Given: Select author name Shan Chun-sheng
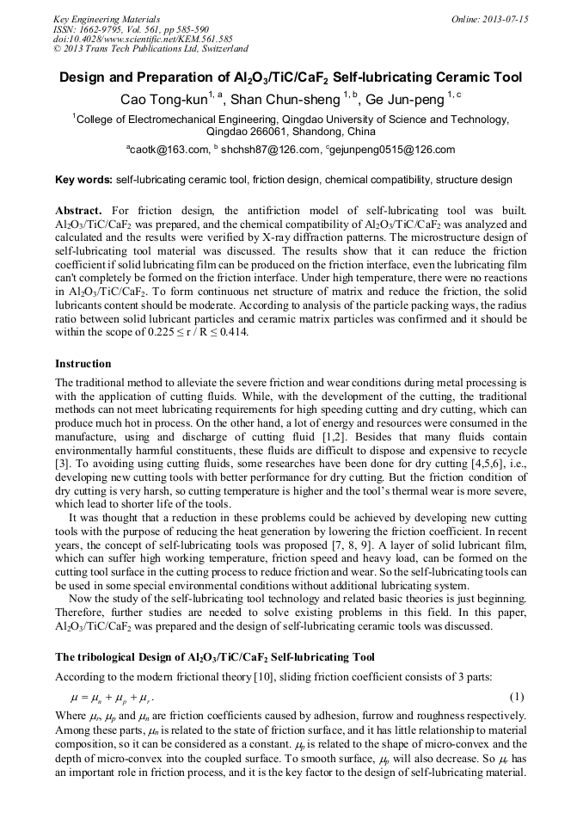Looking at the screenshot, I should [x=285, y=101].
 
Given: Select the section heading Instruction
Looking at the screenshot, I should [x=83, y=364].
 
